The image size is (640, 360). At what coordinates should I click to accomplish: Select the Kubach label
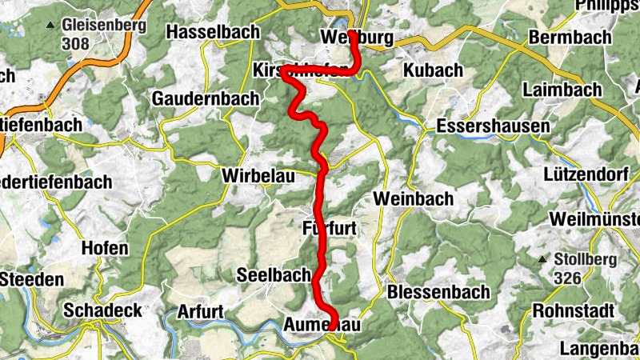tap(433, 70)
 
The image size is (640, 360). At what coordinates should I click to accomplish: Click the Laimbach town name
tap(562, 90)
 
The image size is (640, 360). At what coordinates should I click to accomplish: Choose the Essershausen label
tap(493, 126)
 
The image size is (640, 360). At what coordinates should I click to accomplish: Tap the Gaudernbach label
tap(206, 98)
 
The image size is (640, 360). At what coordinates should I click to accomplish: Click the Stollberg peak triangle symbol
tap(542, 259)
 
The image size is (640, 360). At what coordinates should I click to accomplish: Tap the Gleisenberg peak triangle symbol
tap(50, 26)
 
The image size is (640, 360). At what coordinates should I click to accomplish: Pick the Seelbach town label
tap(274, 274)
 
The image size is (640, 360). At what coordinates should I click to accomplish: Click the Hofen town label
tap(104, 248)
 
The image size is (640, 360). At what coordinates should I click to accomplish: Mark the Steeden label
tap(32, 279)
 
